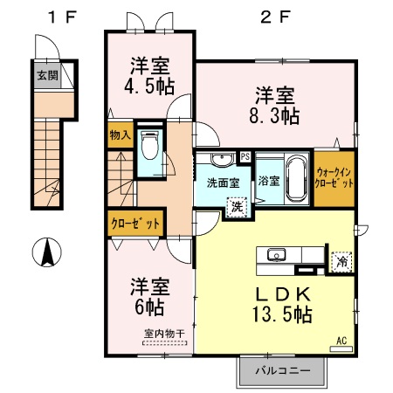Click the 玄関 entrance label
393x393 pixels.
click(x=46, y=74)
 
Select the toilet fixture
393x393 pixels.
click(x=149, y=148)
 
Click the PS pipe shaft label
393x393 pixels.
click(x=245, y=157)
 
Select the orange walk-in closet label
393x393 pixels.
click(x=335, y=179)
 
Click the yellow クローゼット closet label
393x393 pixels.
click(x=134, y=224)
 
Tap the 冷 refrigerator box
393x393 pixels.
click(x=340, y=259)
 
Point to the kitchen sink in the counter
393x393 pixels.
click(x=275, y=256)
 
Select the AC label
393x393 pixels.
click(x=341, y=341)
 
